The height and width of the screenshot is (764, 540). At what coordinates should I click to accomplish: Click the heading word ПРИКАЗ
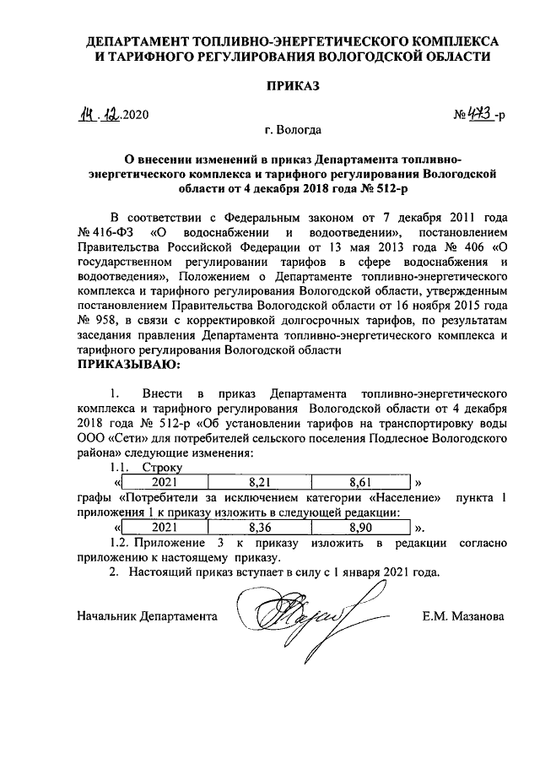click(x=295, y=86)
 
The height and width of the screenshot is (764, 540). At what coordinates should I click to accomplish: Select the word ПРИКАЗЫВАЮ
click(x=128, y=364)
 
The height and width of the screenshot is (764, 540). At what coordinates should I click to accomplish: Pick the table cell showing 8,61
click(x=360, y=483)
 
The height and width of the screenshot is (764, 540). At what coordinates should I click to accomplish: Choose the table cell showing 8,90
click(x=360, y=530)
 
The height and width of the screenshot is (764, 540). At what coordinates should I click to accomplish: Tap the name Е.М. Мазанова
click(x=463, y=617)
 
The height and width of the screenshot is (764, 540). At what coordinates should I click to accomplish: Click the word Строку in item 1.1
click(x=162, y=467)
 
